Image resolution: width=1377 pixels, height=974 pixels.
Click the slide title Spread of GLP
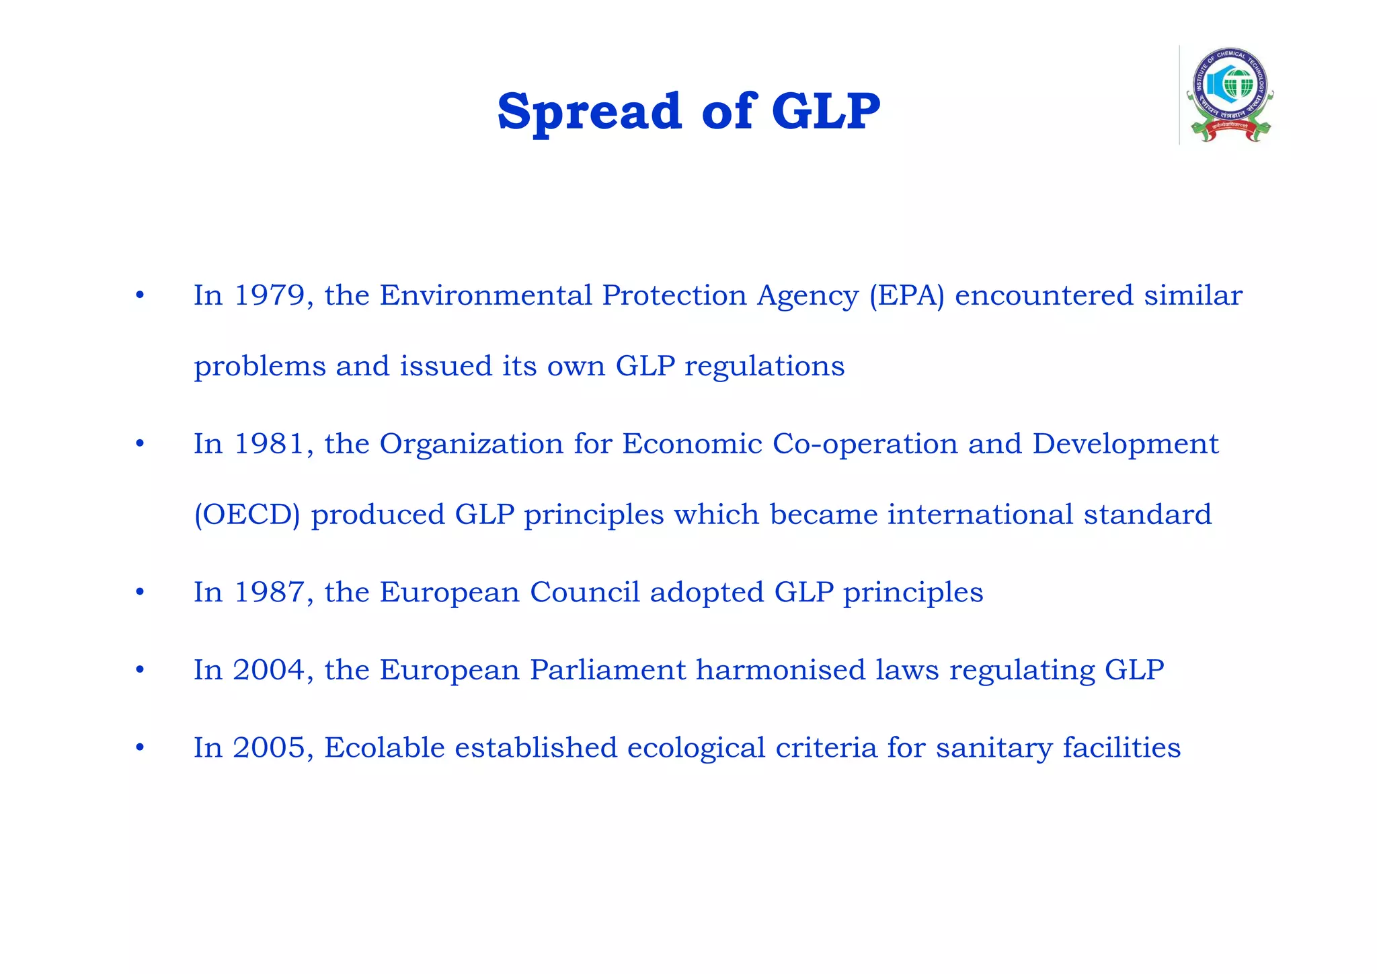[688, 111]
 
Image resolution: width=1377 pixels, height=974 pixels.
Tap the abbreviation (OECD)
[247, 515]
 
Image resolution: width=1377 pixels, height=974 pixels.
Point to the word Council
[584, 592]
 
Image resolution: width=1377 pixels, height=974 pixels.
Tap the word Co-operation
[865, 444]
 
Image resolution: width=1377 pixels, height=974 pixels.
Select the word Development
[1126, 444]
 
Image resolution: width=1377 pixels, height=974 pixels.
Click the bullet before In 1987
[140, 593]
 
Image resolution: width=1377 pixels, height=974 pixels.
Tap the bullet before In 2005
[140, 748]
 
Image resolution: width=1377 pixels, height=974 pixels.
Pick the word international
[980, 515]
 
